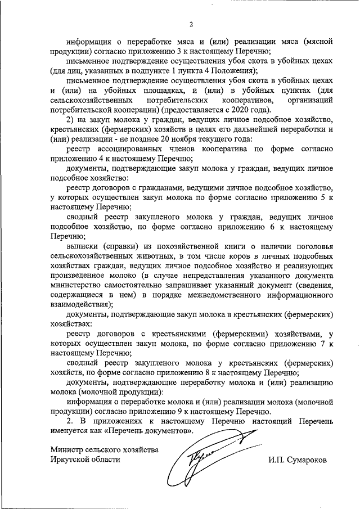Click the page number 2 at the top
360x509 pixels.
pos(191,24)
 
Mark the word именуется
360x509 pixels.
pos(70,431)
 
